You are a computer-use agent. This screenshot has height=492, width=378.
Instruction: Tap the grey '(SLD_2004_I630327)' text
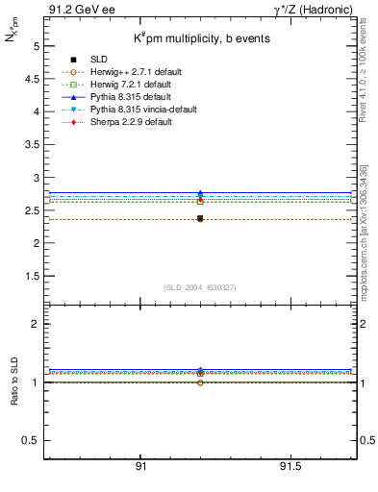200,287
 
